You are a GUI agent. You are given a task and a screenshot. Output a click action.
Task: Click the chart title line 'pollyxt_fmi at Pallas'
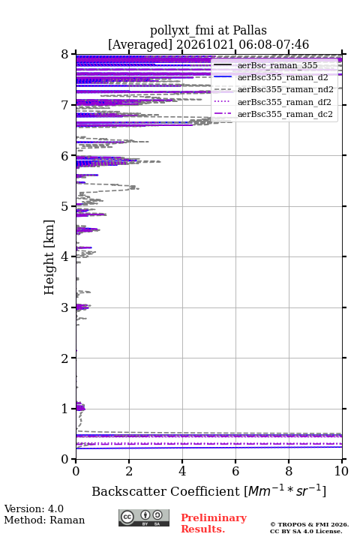(x=208, y=31)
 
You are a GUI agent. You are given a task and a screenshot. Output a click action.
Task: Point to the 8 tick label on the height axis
(x=64, y=55)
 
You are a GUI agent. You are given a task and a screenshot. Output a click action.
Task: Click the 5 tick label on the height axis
(x=64, y=207)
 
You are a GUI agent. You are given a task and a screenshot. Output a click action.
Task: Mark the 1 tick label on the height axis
(x=64, y=409)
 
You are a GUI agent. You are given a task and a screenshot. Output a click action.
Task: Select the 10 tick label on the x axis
(x=341, y=471)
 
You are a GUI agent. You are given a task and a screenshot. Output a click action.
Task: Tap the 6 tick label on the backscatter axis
(x=235, y=471)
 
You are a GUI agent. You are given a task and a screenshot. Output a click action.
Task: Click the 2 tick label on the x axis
(x=129, y=471)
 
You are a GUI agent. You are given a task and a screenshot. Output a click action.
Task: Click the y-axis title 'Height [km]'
(x=49, y=257)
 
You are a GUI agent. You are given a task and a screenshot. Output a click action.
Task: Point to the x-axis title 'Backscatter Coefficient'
(x=165, y=491)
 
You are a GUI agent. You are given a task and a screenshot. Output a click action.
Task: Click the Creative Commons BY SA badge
(x=144, y=517)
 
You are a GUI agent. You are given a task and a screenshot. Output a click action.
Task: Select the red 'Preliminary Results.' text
(x=214, y=523)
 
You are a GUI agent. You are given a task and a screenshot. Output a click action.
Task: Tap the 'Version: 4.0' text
(x=34, y=508)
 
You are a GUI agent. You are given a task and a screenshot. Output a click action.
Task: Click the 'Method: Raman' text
(x=44, y=520)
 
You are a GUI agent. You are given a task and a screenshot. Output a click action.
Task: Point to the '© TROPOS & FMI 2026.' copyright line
(x=310, y=524)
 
